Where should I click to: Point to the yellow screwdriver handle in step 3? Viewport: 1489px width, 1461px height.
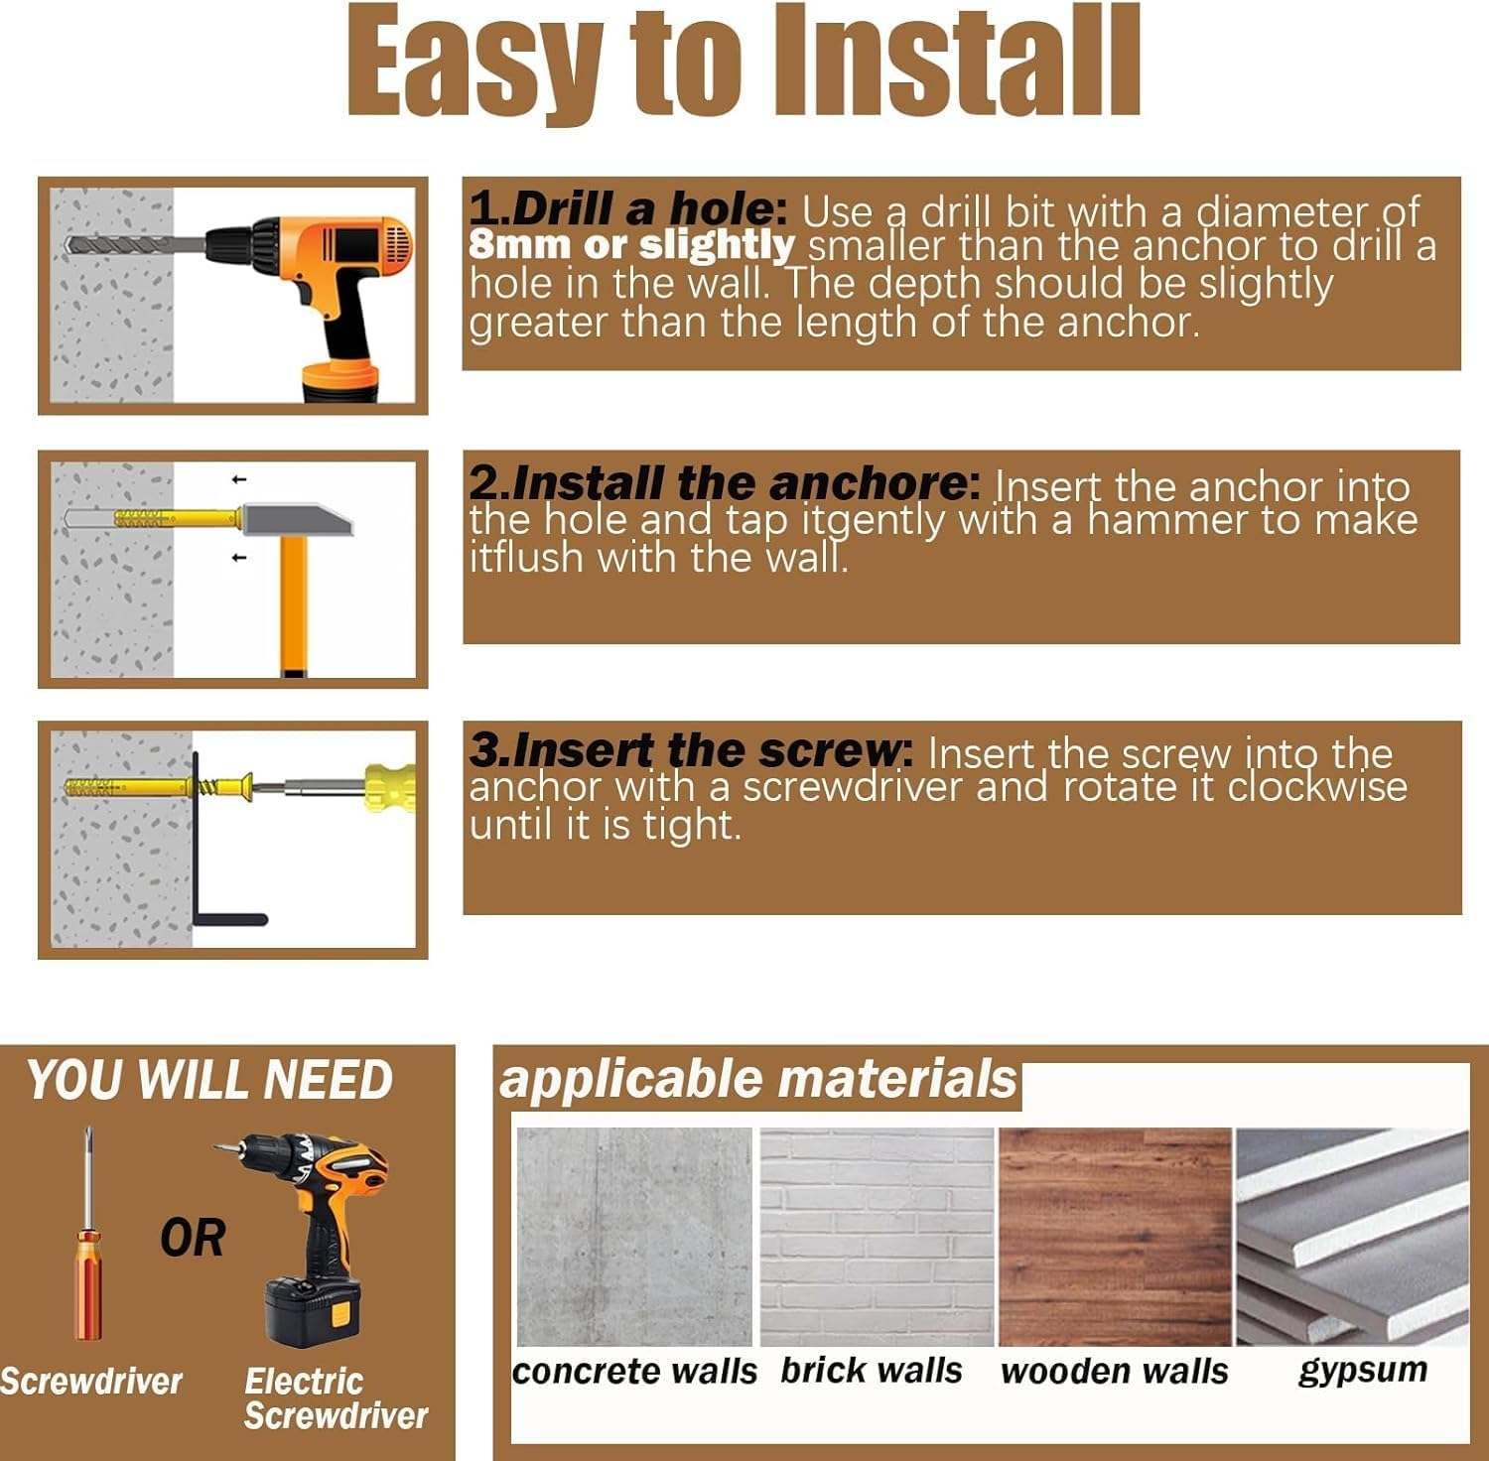pyautogui.click(x=390, y=788)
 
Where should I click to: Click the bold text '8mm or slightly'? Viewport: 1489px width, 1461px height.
pyautogui.click(x=632, y=244)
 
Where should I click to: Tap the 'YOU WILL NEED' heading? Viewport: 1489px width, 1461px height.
pyautogui.click(x=209, y=1080)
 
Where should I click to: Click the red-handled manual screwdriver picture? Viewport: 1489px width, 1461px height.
pyautogui.click(x=88, y=1235)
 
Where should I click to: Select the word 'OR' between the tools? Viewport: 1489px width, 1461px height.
pyautogui.click(x=193, y=1238)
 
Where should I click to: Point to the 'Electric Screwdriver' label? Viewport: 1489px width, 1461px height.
pyautogui.click(x=336, y=1397)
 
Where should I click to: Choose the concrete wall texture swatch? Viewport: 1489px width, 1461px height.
pyautogui.click(x=634, y=1237)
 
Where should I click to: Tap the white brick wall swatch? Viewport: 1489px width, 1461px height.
pyautogui.click(x=877, y=1237)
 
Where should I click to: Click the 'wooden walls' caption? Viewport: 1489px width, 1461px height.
pyautogui.click(x=1114, y=1372)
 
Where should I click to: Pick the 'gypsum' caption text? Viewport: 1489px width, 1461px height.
pyautogui.click(x=1363, y=1371)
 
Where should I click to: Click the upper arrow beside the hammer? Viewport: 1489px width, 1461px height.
pyautogui.click(x=238, y=480)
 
